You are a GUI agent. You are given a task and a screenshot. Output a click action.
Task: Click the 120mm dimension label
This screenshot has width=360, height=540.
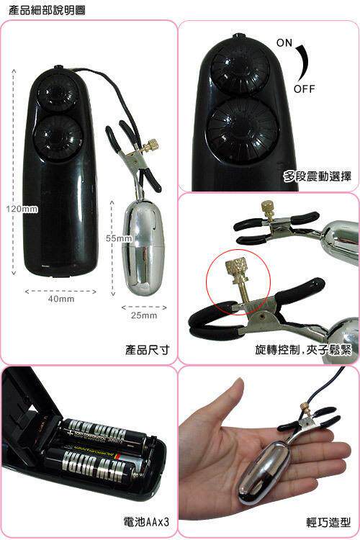pos(22,209)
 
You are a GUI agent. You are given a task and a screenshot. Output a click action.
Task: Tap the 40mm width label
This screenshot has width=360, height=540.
pos(61,299)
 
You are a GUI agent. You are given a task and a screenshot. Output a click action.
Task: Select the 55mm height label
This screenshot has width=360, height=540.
pos(119,238)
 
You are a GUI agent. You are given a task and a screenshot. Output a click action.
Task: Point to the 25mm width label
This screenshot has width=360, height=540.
pos(144,315)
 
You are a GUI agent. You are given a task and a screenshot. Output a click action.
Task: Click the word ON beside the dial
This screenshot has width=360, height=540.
pos(284,42)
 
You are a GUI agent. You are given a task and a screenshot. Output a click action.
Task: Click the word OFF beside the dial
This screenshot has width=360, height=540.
pos(304,89)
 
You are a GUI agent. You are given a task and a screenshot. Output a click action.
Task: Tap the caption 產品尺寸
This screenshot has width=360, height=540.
pos(147,350)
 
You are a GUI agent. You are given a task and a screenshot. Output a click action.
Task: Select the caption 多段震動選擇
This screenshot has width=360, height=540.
pos(318,176)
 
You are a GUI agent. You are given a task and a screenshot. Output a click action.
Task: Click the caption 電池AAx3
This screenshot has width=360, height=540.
pos(146,522)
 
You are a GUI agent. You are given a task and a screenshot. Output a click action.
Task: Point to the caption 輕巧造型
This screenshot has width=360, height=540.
pos(328,522)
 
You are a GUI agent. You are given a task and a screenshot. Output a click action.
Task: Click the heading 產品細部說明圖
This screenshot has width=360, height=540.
pos(47,10)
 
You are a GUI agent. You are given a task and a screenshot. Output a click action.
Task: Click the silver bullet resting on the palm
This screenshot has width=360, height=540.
pos(264,475)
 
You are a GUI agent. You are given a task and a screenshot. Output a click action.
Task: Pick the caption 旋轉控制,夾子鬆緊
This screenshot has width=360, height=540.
pos(303,350)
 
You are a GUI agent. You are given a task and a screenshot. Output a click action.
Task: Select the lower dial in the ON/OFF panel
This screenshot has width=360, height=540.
pos(243,126)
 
